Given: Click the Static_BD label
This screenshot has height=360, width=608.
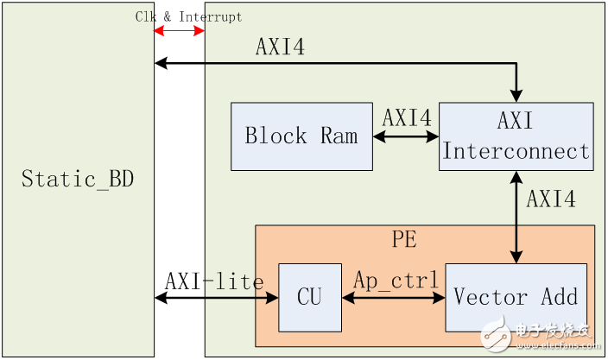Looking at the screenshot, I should coord(78,180).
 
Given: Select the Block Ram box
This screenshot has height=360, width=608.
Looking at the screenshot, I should coord(301,136).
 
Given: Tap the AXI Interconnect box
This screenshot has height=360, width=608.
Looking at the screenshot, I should coord(516,136).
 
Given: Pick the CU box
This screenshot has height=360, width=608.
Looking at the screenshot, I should coord(309,298).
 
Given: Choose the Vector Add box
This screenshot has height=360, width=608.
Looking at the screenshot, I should coord(516,298).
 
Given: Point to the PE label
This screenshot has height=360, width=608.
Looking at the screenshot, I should coord(404,239).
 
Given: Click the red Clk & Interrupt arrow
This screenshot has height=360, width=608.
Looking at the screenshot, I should coord(179,32).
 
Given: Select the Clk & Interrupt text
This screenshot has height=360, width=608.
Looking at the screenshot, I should coord(188,16).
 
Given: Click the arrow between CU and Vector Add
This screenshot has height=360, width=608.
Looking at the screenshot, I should coord(393,298).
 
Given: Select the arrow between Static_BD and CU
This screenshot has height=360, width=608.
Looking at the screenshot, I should coord(216,298).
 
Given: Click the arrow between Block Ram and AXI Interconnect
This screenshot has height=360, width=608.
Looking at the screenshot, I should coord(406,136).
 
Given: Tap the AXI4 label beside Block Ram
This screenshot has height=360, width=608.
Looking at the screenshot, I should coord(407,118).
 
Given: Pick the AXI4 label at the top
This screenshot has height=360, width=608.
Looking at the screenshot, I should coord(280,47).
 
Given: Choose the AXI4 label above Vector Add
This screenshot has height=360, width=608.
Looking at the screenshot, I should coord(551,199).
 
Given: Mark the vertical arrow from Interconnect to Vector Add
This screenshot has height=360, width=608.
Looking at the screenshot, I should coord(516,217).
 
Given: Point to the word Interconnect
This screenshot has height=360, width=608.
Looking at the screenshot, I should coord(516,152).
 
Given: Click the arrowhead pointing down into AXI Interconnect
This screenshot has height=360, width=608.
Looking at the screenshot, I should coord(516,95).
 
